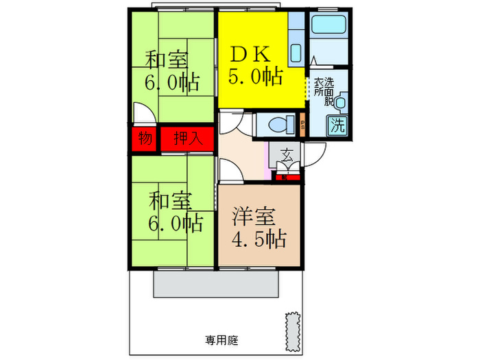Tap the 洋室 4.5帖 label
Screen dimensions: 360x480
(259, 229)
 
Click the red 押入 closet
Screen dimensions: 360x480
(187, 139)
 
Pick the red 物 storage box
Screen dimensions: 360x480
(145, 139)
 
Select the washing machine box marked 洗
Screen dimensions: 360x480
(337, 125)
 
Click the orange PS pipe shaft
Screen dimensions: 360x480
(302, 125)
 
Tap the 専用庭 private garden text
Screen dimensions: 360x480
(221, 340)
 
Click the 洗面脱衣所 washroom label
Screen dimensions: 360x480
(323, 92)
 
